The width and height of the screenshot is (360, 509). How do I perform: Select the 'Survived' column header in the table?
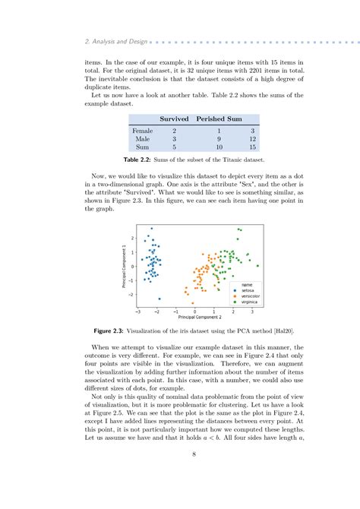(174, 119)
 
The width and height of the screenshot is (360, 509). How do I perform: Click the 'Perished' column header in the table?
(210, 119)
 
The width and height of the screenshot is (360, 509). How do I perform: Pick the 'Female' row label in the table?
(142, 131)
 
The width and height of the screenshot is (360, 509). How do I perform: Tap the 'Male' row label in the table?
(142, 139)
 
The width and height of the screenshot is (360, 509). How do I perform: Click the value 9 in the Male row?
(219, 139)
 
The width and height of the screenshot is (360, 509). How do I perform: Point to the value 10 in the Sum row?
(219, 148)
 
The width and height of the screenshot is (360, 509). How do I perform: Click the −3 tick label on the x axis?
(137, 311)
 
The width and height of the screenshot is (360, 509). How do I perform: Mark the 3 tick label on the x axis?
(253, 311)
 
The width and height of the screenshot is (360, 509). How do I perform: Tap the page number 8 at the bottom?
(180, 476)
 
